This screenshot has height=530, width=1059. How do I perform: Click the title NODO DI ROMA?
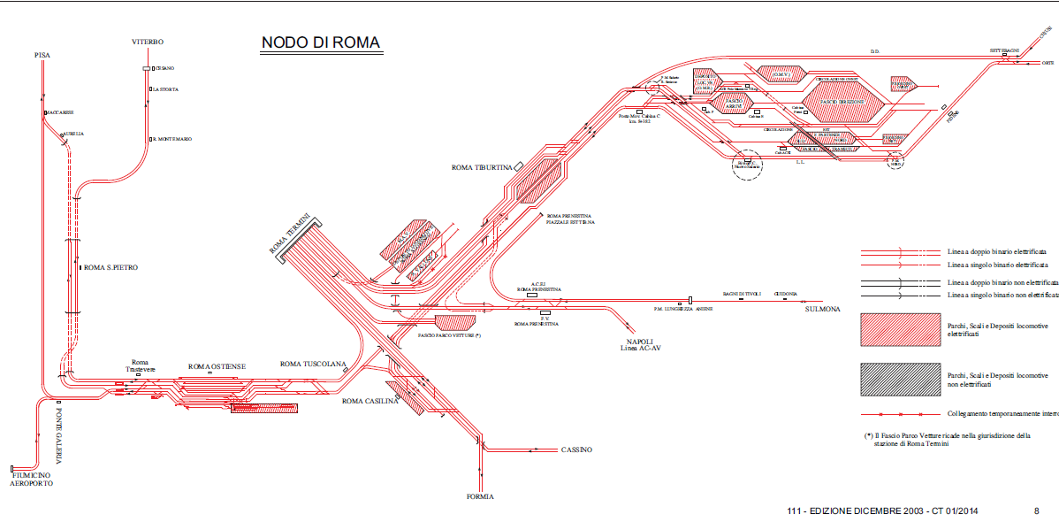point(320,43)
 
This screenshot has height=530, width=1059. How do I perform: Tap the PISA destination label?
point(42,56)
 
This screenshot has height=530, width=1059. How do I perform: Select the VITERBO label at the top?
point(148,42)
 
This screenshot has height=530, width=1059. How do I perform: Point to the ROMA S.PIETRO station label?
point(111,267)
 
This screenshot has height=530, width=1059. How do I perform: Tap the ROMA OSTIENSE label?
point(217,366)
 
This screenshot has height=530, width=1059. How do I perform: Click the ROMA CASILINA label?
point(371,401)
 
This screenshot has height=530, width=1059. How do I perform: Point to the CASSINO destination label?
point(576,450)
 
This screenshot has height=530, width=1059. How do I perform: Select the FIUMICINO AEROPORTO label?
point(32,480)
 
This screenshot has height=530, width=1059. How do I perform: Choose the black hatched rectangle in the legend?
point(900,380)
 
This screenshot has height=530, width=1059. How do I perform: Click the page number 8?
point(1036,511)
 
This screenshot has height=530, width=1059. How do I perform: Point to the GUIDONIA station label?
point(786,294)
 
